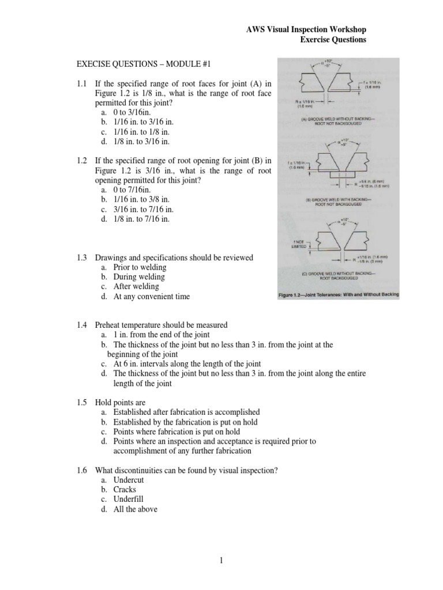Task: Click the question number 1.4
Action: point(81,325)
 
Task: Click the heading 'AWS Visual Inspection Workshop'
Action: point(306,29)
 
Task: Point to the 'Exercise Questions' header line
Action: point(333,40)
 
